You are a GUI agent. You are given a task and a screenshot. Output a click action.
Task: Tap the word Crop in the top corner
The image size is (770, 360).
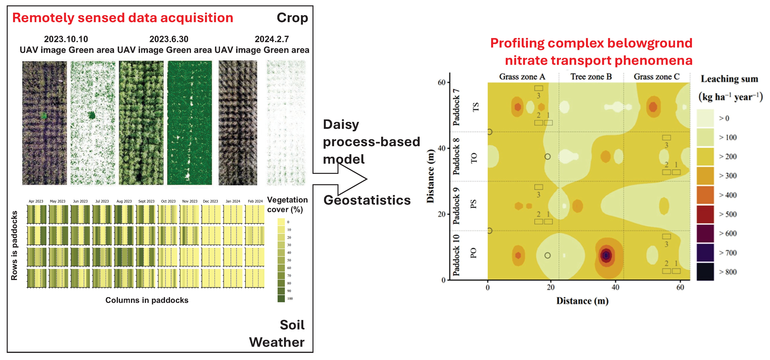[292, 18]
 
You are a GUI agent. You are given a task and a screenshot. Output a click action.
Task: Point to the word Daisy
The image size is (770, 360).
[341, 124]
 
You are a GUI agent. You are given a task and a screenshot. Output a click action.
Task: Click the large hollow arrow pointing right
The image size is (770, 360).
[344, 179]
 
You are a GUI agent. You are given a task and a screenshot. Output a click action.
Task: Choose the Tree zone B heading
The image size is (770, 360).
[591, 77]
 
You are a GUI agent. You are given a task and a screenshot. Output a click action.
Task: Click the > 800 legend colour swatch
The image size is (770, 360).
[705, 272]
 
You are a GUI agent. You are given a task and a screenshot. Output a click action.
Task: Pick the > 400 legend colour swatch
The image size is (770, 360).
[705, 195]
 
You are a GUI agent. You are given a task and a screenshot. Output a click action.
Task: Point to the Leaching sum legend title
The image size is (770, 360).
[729, 79]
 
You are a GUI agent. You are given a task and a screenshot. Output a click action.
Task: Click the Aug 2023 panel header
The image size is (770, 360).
[124, 201]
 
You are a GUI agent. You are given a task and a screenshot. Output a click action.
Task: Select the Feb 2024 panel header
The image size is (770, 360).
[255, 201]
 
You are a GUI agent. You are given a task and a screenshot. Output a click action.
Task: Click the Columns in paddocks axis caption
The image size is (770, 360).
[147, 300]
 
